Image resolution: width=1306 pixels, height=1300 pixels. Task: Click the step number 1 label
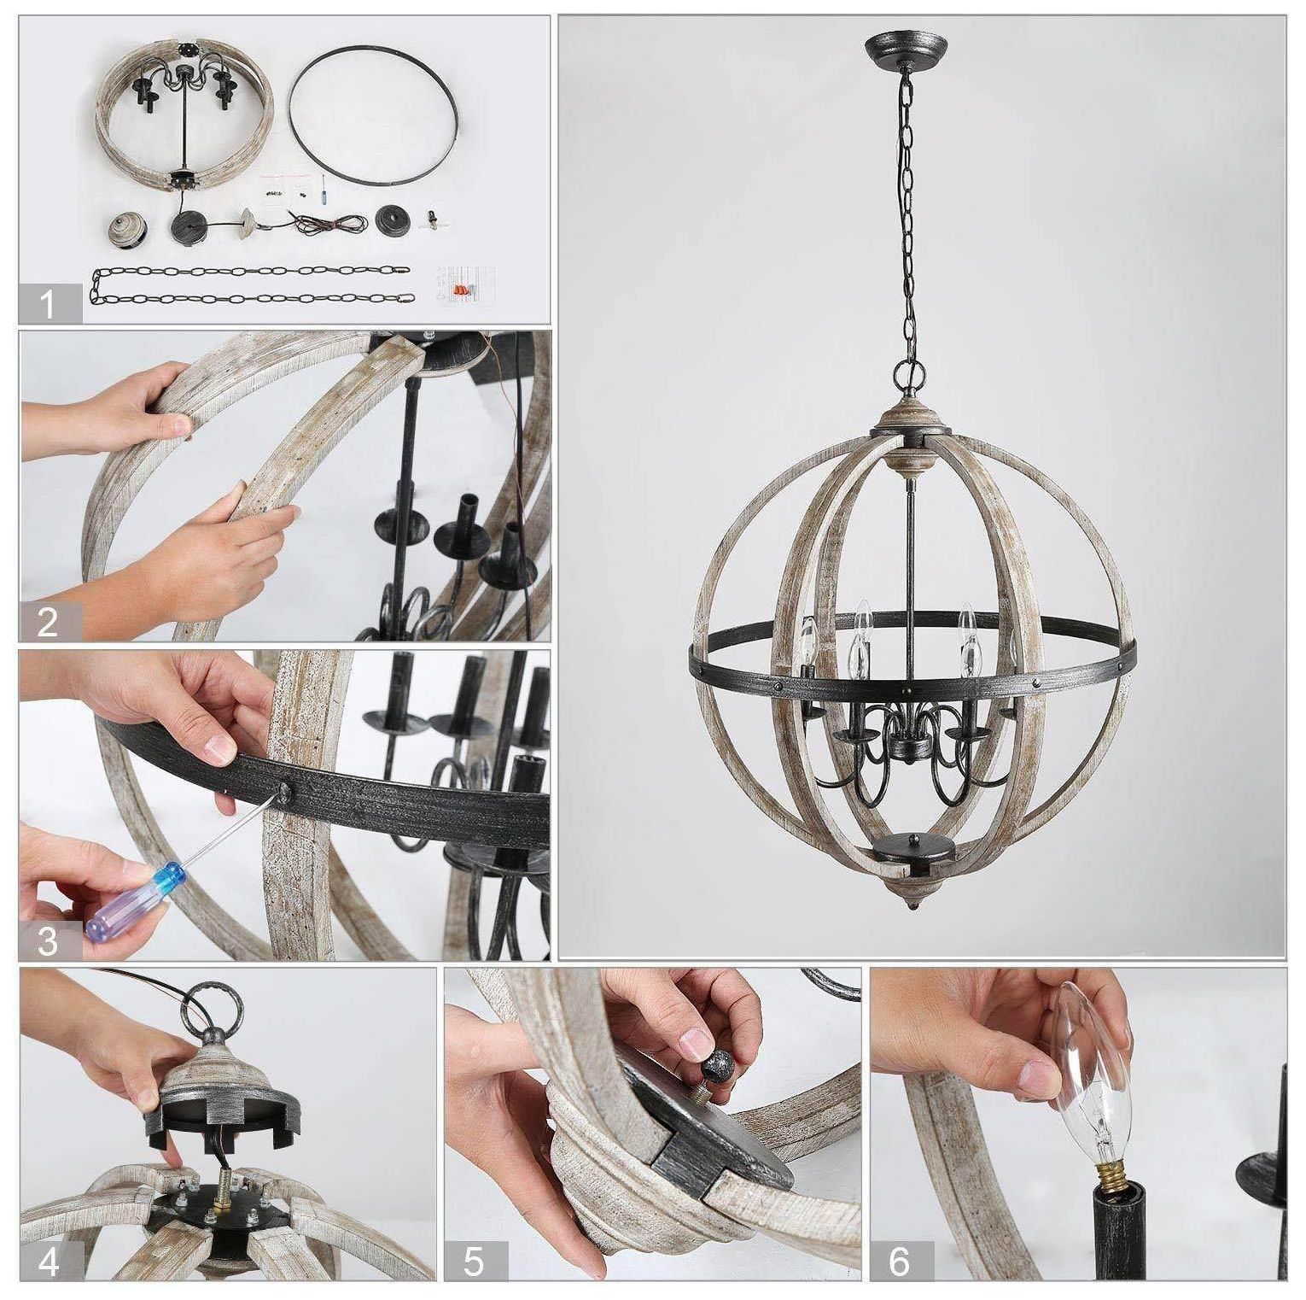tap(49, 303)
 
